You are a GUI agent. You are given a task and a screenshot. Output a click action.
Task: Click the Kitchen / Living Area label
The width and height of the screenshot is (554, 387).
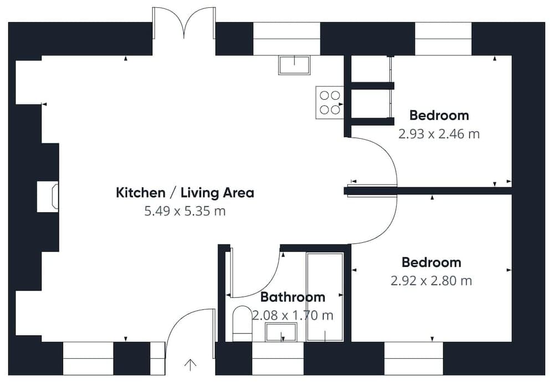click(185, 193)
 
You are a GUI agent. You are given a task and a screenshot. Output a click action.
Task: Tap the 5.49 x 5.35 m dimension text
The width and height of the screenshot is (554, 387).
click(185, 211)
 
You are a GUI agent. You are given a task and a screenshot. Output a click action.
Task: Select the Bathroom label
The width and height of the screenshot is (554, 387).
click(293, 297)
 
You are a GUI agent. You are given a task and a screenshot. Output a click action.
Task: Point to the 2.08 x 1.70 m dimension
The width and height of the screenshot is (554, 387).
click(293, 315)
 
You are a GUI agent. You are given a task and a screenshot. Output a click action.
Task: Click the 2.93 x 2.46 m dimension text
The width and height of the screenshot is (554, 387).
click(439, 134)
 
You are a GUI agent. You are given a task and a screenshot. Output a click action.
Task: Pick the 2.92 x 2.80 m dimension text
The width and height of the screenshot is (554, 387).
click(432, 281)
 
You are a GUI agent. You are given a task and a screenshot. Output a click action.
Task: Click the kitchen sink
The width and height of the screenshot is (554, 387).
click(294, 65)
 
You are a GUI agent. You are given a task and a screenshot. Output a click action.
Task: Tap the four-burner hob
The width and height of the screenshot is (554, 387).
click(330, 103)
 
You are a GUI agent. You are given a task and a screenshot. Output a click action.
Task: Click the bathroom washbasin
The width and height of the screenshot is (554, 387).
click(282, 333)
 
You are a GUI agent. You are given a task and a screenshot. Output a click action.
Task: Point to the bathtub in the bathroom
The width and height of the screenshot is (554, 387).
click(325, 297)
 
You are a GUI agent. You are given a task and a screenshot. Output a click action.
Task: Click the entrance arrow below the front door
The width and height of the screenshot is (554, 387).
click(190, 365)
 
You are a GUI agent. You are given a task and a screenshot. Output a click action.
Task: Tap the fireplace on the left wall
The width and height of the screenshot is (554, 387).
click(48, 197)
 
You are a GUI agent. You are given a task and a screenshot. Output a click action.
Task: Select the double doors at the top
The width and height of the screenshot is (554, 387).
click(184, 23)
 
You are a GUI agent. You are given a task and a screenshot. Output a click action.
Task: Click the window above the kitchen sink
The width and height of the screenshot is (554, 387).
click(287, 39)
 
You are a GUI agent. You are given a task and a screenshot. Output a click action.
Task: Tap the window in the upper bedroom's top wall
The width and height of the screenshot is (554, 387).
click(443, 39)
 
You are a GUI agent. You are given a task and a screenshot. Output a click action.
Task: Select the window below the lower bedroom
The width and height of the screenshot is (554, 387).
click(413, 358)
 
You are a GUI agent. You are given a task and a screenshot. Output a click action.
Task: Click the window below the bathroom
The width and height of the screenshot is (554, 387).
click(278, 358)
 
